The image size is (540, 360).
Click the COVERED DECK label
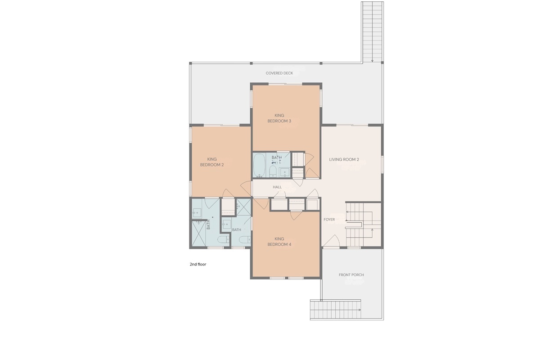(279, 73)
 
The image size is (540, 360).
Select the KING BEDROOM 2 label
(212, 162)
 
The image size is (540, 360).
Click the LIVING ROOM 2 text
(344, 159)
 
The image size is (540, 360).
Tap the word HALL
(277, 187)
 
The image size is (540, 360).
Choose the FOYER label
(329, 220)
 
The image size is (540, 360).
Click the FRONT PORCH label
(351, 275)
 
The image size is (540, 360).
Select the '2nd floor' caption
(198, 265)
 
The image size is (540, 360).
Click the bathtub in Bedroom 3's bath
(259, 165)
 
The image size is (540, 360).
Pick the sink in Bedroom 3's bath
(284, 171)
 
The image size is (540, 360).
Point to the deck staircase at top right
(372, 31)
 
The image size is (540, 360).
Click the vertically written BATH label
(208, 225)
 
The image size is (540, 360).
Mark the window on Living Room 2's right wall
(382, 164)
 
